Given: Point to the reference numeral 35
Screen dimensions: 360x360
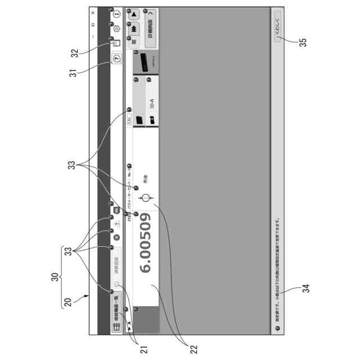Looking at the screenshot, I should click(303, 43).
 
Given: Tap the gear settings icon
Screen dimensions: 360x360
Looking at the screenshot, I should click(116, 29).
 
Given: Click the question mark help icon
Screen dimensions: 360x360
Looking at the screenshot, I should click(116, 57).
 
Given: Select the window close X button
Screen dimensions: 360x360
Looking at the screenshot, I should click(93, 12).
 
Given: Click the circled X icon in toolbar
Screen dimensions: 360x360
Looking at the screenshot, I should click(116, 237).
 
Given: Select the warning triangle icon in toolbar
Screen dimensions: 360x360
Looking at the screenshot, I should click(116, 223).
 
